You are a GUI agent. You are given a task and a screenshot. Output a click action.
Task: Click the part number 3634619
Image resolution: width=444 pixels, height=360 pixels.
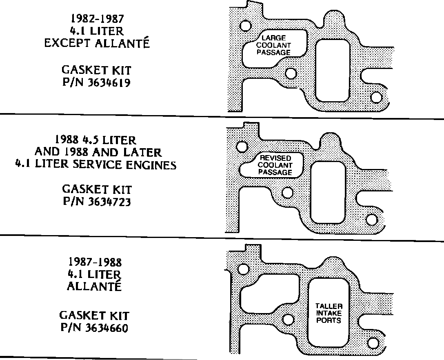point(109,82)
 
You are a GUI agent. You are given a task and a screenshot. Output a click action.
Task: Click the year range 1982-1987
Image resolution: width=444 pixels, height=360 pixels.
point(97,18)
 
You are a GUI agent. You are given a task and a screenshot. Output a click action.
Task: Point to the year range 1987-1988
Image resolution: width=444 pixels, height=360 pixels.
point(95,262)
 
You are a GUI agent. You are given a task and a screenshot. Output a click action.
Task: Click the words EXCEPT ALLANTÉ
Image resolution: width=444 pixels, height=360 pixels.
point(97,43)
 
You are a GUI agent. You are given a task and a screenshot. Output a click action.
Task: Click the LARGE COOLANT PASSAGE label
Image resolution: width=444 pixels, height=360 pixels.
point(276,45)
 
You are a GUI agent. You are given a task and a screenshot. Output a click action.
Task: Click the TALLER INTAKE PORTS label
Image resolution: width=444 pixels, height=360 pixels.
point(329,313)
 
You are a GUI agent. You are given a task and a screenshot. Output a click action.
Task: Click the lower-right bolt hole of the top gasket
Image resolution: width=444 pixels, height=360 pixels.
point(376,97)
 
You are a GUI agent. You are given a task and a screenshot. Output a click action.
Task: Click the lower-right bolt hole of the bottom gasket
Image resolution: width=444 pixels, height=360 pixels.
point(372,342)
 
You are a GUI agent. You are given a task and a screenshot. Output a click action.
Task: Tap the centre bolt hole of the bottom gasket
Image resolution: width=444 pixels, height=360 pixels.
point(288,320)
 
